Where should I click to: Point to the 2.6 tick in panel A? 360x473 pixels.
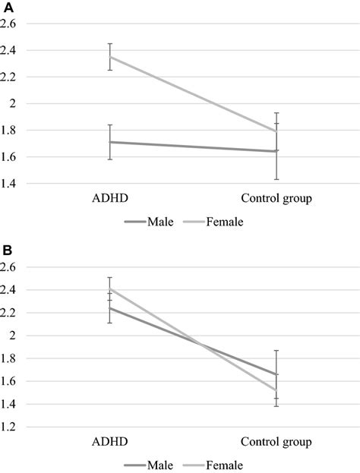click(8, 24)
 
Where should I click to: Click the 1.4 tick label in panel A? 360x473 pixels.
click(8, 184)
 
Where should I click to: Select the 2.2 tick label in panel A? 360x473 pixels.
click(8, 77)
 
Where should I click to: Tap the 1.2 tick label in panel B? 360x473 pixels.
click(8, 427)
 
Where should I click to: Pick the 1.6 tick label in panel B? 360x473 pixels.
click(8, 381)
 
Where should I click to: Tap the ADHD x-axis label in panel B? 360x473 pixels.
click(109, 443)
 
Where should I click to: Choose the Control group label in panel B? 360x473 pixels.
click(276, 443)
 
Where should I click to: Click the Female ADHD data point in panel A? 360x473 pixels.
click(110, 57)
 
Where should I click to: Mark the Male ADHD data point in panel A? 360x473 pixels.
click(110, 142)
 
